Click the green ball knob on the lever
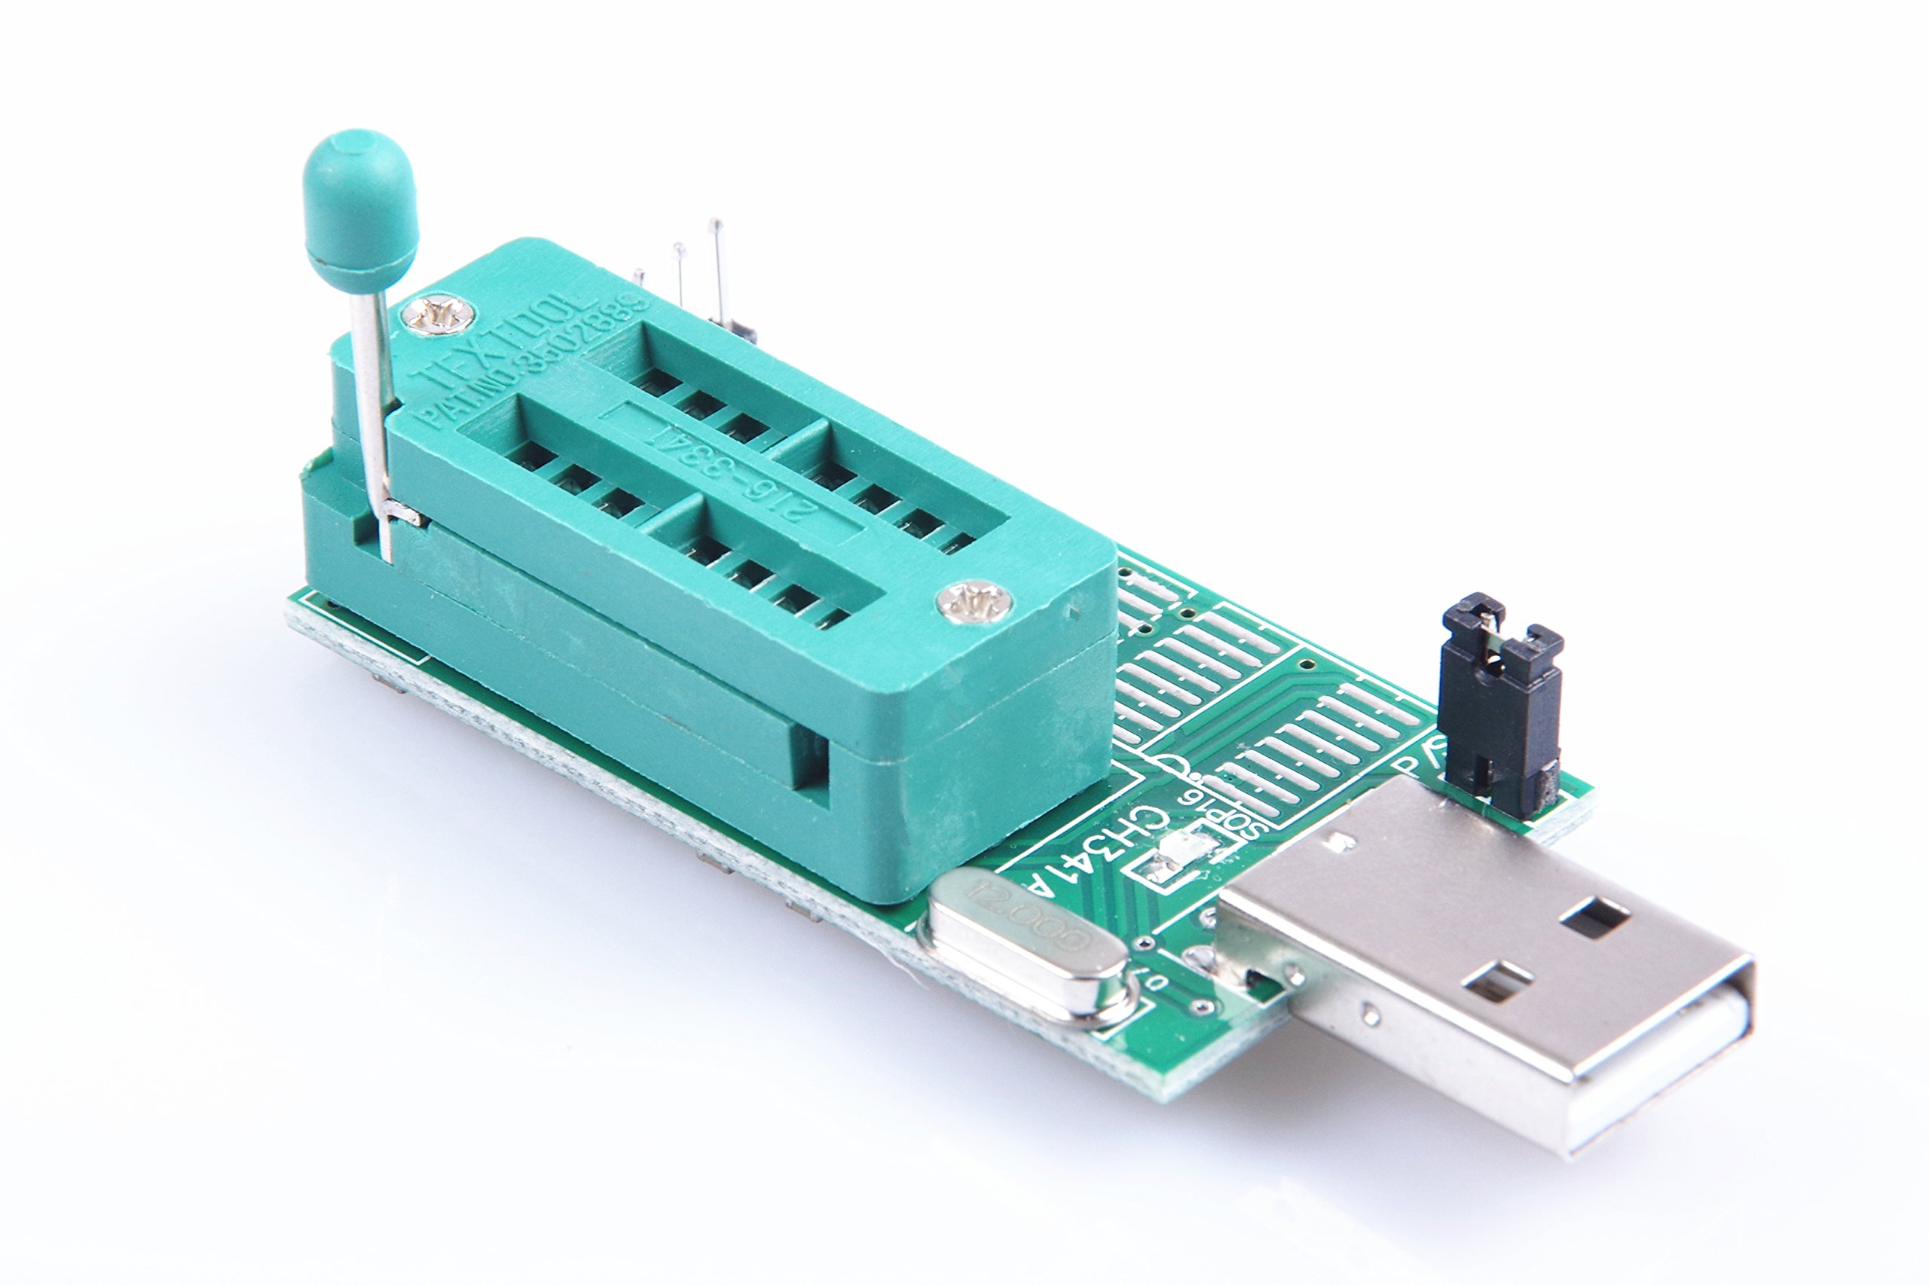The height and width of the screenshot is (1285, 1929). click(359, 205)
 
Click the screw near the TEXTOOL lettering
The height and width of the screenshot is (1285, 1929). click(442, 316)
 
